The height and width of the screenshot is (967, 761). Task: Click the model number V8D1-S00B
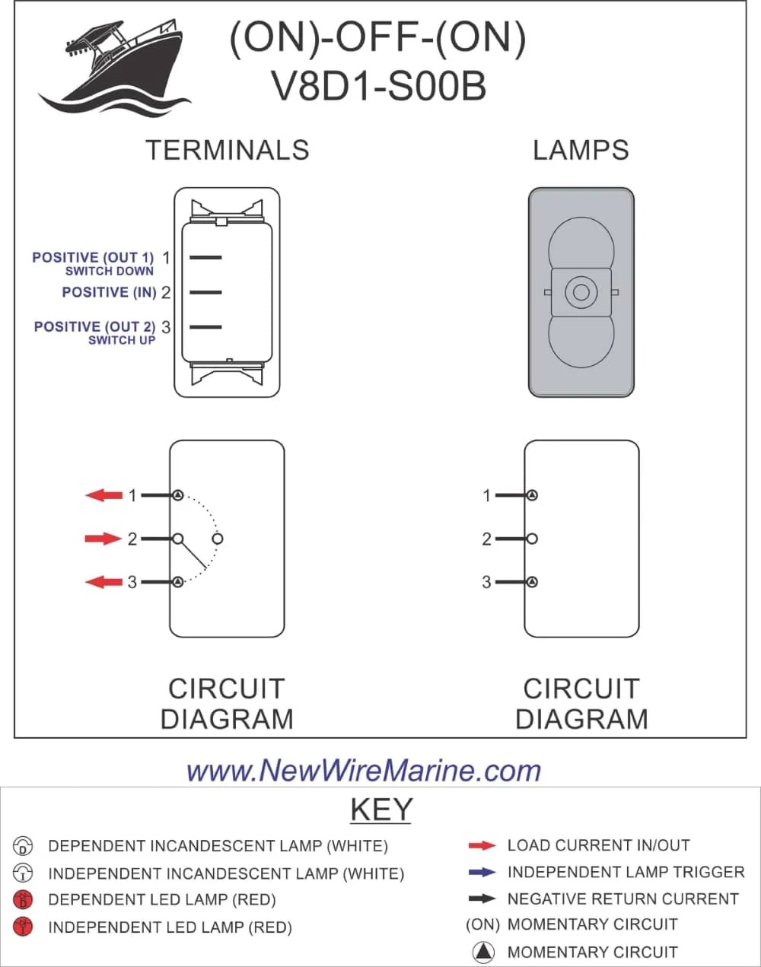tap(378, 86)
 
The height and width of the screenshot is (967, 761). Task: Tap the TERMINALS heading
tap(228, 150)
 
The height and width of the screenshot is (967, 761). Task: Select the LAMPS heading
tap(581, 150)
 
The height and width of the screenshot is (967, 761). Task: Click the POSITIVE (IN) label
tap(109, 292)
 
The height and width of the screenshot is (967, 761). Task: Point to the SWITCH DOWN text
tap(109, 271)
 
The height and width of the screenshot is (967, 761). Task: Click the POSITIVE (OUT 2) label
tap(94, 326)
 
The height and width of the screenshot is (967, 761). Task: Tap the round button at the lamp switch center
tap(581, 292)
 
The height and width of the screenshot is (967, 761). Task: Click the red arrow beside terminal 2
tap(103, 539)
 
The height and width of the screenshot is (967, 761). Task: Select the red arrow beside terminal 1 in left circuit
tap(103, 495)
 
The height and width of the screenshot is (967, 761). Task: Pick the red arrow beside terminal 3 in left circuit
tap(103, 582)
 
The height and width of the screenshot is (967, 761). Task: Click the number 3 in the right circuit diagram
tap(487, 582)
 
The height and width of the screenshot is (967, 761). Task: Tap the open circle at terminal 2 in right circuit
tap(532, 539)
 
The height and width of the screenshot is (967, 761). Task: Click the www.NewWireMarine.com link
tap(364, 771)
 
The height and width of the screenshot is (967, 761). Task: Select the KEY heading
tap(381, 809)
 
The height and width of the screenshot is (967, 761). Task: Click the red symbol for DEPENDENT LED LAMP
tap(24, 900)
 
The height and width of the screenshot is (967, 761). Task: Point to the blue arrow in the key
tap(482, 872)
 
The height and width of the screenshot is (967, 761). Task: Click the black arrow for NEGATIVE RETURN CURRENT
tap(482, 899)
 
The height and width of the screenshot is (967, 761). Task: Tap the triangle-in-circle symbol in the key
tap(484, 952)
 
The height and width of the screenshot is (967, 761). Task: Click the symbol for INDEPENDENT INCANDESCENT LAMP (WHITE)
tap(24, 873)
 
